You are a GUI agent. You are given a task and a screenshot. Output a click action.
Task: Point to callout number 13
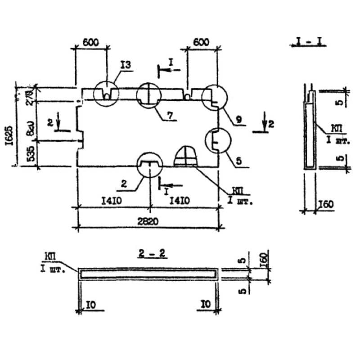(x=125, y=66)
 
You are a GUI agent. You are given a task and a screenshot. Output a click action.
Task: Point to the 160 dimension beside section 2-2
(x=264, y=260)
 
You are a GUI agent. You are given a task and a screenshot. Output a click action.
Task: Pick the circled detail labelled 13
(x=106, y=94)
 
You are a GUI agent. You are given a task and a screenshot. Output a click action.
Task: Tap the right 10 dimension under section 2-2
(x=206, y=305)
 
